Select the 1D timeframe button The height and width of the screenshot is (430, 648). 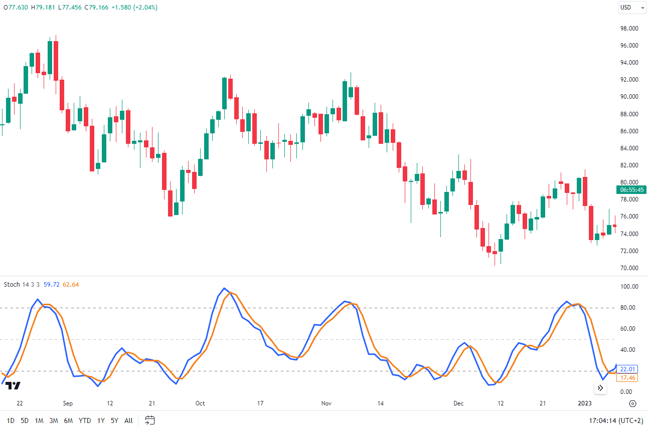pos(11,420)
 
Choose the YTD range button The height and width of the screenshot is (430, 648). pos(85,420)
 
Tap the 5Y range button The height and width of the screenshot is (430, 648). pos(114,420)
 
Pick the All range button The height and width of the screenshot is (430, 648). pos(128,420)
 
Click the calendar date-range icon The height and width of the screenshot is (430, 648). pos(149,420)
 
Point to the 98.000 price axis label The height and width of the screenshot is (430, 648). pos(629,28)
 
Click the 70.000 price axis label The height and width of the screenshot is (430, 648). pos(629,268)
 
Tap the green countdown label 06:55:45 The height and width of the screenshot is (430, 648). pos(632,190)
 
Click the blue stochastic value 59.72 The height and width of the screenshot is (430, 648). pos(52,285)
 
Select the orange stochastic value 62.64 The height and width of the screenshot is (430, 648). pos(71,285)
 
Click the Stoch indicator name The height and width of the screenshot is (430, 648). pos(12,285)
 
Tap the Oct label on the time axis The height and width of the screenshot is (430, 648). pos(200,403)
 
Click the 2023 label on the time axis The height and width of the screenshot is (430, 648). pos(585,403)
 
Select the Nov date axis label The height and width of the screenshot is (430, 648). pos(327,403)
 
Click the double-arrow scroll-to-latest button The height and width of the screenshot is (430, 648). pos(600,388)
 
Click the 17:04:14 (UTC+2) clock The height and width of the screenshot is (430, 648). pos(615,420)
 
